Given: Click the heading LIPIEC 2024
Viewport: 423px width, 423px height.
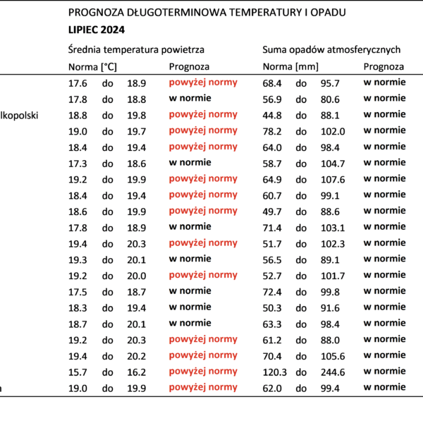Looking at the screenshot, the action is coord(97,30).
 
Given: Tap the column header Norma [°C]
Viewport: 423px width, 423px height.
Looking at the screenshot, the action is coord(92,67).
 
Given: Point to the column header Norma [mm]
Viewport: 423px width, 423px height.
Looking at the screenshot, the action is coord(290,67).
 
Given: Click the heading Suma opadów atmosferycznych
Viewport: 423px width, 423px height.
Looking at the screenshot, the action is coord(331,50).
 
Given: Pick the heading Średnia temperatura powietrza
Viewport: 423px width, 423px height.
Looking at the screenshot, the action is coord(136,50).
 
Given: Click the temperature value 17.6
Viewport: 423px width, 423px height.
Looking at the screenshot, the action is coord(78,83).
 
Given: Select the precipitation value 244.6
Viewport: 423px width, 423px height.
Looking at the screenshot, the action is coord(333,372).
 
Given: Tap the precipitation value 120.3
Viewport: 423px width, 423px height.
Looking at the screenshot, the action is coord(275,372).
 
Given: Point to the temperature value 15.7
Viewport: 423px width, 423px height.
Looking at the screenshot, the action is coord(78,372).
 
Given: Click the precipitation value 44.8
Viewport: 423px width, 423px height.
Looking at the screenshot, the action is coord(272,116).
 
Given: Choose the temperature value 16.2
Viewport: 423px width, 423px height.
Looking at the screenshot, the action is coord(137,372).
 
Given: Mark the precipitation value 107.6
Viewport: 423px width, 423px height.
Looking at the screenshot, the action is coord(333,180).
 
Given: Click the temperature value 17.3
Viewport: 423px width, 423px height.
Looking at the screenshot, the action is coord(78,164).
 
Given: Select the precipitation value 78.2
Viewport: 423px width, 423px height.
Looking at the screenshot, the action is coord(272,132).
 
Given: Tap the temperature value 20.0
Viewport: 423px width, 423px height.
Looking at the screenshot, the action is coord(137,276).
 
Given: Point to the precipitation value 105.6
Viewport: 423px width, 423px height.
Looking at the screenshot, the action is coord(333,356).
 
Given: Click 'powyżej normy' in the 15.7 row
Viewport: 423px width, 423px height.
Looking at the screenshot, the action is coord(203,372).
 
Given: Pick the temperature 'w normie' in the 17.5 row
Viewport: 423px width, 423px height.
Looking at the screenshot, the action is coord(190,290).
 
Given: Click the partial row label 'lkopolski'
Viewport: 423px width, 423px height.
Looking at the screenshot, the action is coord(19,116).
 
